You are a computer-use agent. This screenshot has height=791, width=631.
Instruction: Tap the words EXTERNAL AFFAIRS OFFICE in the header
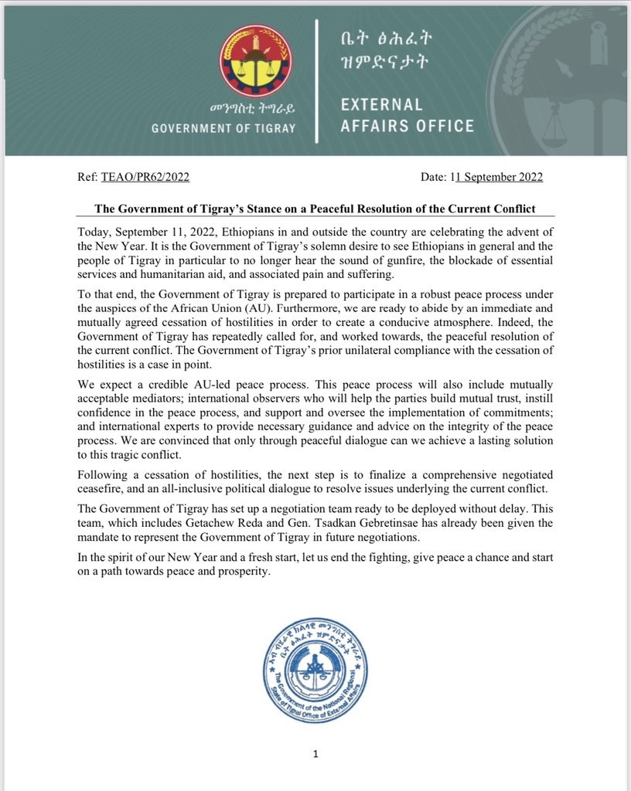pyautogui.click(x=407, y=114)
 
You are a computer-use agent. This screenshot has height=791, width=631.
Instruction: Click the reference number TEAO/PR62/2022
pyautogui.click(x=145, y=177)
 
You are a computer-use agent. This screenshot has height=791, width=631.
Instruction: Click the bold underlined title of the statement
pyautogui.click(x=315, y=209)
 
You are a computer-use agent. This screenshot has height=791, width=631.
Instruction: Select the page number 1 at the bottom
pyautogui.click(x=315, y=754)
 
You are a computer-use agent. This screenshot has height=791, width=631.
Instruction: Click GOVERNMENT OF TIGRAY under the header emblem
pyautogui.click(x=223, y=128)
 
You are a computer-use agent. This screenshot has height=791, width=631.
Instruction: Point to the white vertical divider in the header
pyautogui.click(x=315, y=81)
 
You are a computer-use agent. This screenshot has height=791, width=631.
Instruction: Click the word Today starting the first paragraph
pyautogui.click(x=94, y=233)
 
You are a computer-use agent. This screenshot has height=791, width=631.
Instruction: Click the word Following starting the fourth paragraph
pyautogui.click(x=103, y=474)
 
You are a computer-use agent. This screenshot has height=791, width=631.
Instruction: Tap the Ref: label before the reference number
pyautogui.click(x=87, y=177)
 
